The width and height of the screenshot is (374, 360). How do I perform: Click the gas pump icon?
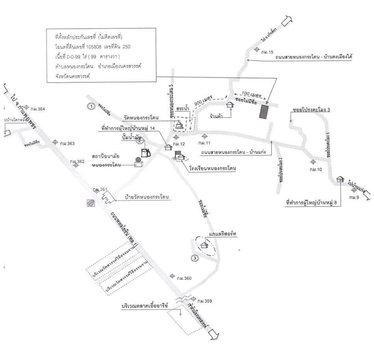coord(145,151)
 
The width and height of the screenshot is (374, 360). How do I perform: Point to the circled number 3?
coord(194,258)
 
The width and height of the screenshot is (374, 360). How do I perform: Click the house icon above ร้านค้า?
coord(230,105)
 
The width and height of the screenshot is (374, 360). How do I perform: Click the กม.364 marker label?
coord(39,109)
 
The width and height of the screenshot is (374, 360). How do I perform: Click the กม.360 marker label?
coord(184,279)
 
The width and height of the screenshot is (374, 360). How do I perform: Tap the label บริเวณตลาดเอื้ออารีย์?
coord(145,305)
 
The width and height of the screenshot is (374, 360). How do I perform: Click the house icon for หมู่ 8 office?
coord(341,179)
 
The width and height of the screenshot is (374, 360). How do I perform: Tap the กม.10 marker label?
coord(317,170)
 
